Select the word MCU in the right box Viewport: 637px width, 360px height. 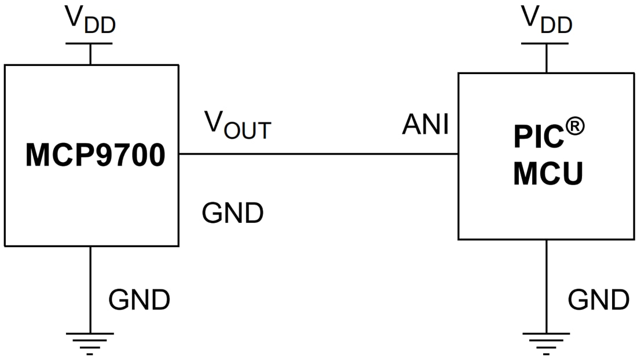click(x=548, y=174)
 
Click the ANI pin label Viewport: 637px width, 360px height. click(x=426, y=124)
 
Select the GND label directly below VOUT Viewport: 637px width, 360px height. click(x=233, y=214)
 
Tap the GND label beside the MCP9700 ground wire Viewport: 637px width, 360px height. click(x=140, y=300)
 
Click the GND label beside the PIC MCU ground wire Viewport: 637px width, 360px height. click(x=598, y=300)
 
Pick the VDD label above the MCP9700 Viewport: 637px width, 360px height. click(x=90, y=19)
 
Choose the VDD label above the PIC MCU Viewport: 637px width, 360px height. click(x=547, y=19)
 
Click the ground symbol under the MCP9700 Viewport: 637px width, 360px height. click(x=90, y=343)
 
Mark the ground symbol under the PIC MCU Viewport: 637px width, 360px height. click(x=546, y=343)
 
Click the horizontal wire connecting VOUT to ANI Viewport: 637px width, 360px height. click(x=318, y=154)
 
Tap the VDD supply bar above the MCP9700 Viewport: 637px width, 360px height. click(x=90, y=43)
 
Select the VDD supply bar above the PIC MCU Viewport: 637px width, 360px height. click(x=546, y=43)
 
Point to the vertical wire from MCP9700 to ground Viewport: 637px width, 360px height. click(x=90, y=289)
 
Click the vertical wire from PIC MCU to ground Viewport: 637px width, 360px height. click(x=546, y=286)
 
